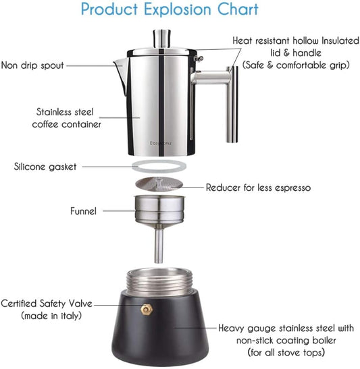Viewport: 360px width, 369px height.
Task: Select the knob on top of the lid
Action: pos(162,36)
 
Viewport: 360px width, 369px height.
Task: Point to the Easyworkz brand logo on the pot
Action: pos(160,143)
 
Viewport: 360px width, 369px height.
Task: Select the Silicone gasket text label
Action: pos(45,166)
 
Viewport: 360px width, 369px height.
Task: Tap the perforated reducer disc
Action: pos(160,184)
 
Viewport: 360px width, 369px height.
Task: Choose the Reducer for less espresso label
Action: pos(258,188)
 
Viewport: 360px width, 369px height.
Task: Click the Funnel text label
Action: pos(83,211)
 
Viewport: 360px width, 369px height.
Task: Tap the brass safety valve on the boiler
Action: pos(144,308)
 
